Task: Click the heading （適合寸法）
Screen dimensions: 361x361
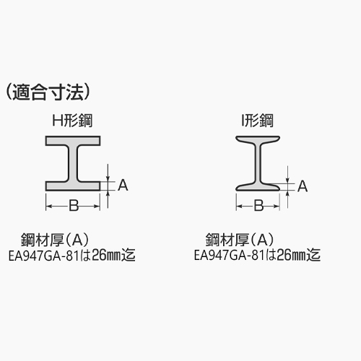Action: [48, 92]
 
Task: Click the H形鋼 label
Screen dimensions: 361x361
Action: [72, 121]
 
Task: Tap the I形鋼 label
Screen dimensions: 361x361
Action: [258, 121]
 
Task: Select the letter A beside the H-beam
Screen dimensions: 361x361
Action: [123, 185]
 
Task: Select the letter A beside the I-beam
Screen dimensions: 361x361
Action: [303, 186]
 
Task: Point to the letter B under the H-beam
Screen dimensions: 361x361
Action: [74, 206]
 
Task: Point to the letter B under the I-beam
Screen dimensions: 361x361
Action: [258, 206]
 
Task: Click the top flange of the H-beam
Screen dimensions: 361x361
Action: [73, 141]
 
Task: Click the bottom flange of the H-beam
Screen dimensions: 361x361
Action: [73, 186]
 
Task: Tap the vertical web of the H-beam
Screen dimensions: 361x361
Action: [73, 163]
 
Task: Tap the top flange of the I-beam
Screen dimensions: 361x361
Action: [258, 139]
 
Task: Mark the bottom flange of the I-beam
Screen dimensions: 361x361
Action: [258, 187]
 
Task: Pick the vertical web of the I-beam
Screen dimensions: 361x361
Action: [258, 163]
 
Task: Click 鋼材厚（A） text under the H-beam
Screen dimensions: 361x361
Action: [55, 240]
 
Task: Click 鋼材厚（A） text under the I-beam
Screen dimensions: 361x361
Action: [240, 240]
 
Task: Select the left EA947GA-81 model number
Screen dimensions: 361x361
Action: [44, 256]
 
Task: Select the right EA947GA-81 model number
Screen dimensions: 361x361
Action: [230, 256]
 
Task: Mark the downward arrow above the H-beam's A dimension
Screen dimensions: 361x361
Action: [108, 173]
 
